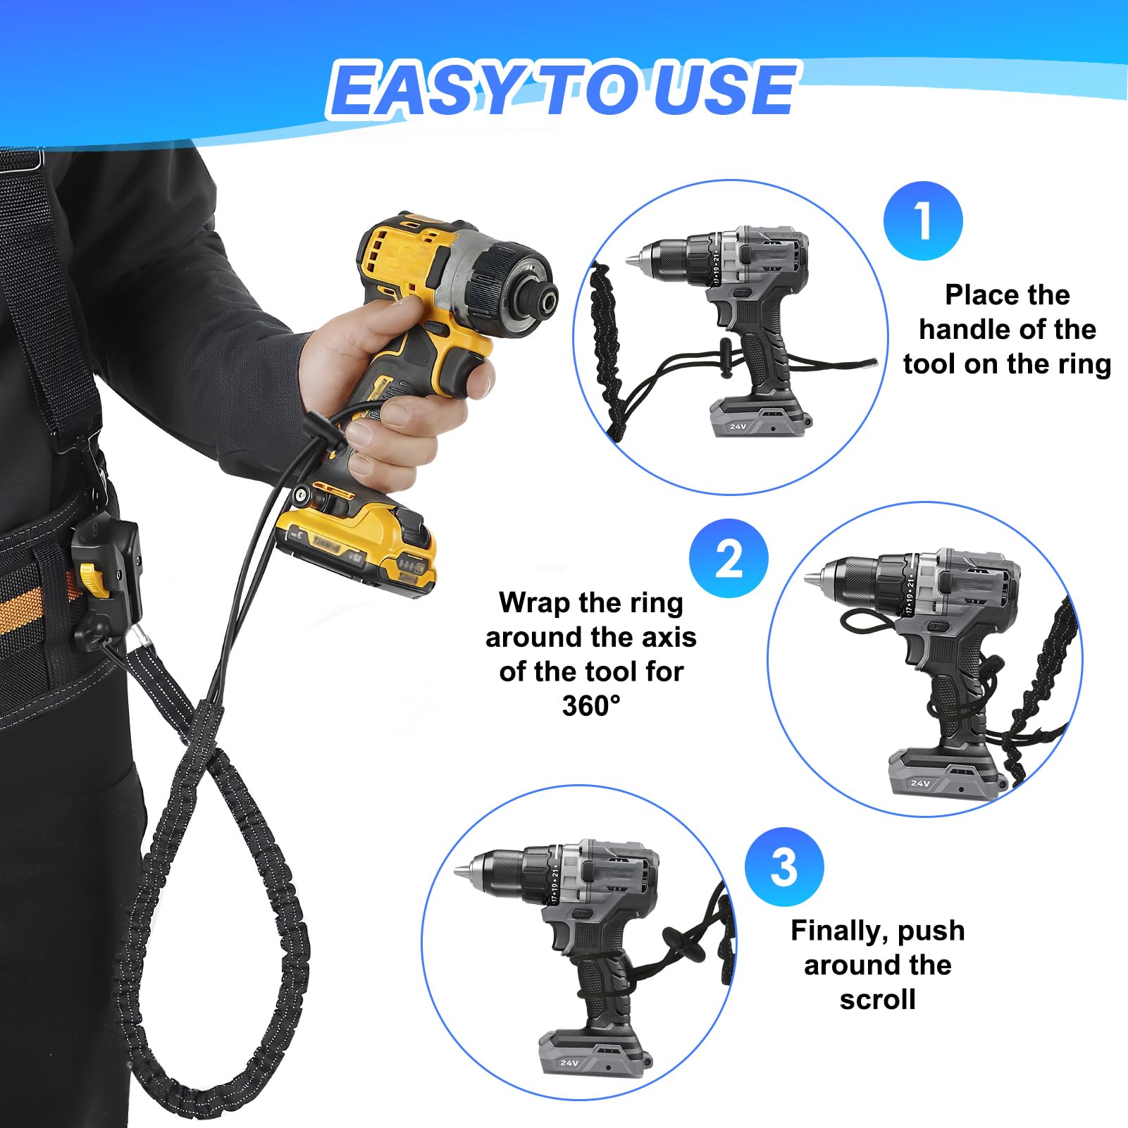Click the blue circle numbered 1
923,221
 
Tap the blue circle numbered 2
729,559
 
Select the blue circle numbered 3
784,867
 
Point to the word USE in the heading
726,89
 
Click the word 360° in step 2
591,706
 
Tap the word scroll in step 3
878,999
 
